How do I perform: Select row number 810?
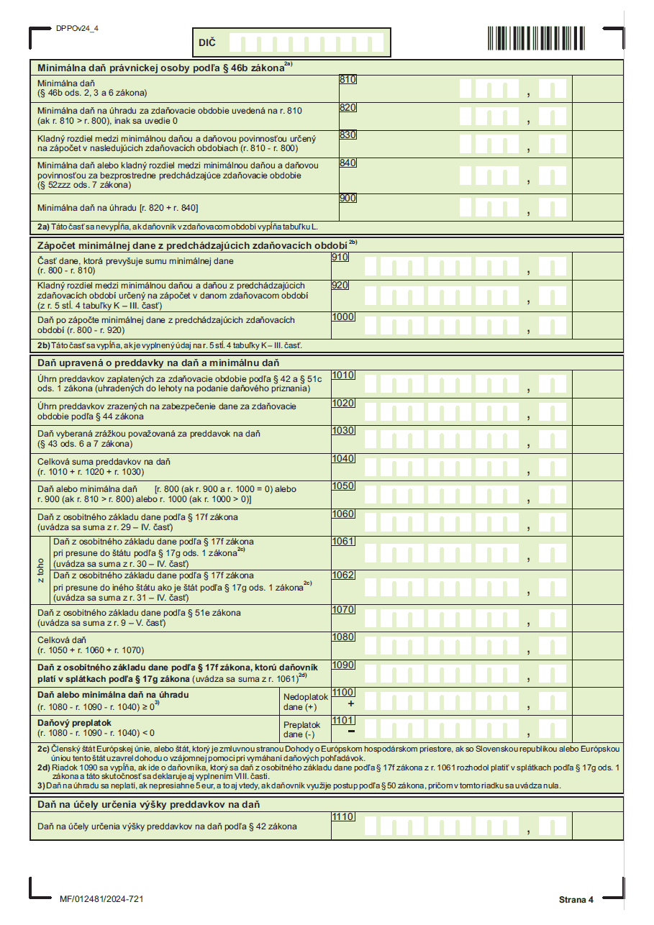point(348,80)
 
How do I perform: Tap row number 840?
point(348,163)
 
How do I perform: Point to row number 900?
point(348,198)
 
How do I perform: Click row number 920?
point(340,286)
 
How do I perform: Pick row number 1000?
point(343,316)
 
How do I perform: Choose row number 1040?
point(343,458)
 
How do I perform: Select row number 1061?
point(343,542)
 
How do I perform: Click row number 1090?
point(343,665)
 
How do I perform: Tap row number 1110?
point(343,817)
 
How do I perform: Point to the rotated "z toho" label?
point(41,570)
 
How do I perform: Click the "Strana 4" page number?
point(576,900)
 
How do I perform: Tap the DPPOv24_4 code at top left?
point(77,28)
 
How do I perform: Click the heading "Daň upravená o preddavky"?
point(158,363)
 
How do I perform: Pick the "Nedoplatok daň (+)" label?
point(306,702)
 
